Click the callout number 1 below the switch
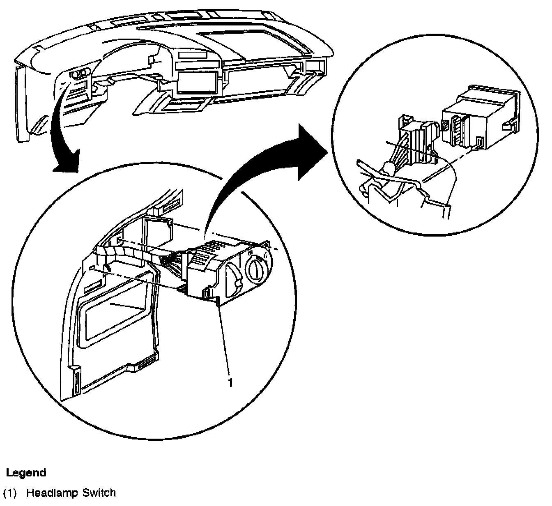coord(230,382)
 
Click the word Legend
coord(26,473)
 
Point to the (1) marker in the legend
coord(9,493)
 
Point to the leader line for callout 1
coord(225,341)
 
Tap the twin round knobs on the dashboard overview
coord(80,74)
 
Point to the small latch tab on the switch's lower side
coord(206,293)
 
